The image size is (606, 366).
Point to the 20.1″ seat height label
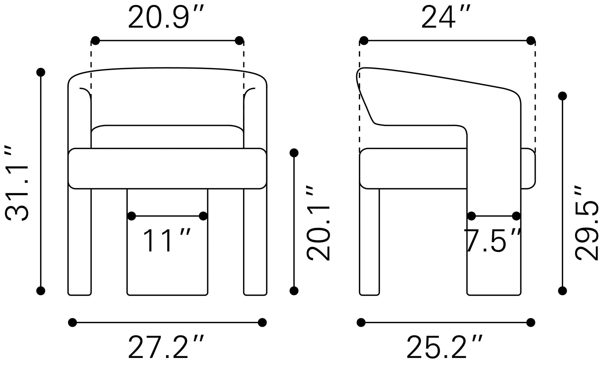click(x=319, y=223)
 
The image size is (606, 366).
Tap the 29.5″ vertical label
click(x=587, y=223)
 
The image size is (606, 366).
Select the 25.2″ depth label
click(x=445, y=347)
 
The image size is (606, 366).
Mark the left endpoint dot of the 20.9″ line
click(x=95, y=41)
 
